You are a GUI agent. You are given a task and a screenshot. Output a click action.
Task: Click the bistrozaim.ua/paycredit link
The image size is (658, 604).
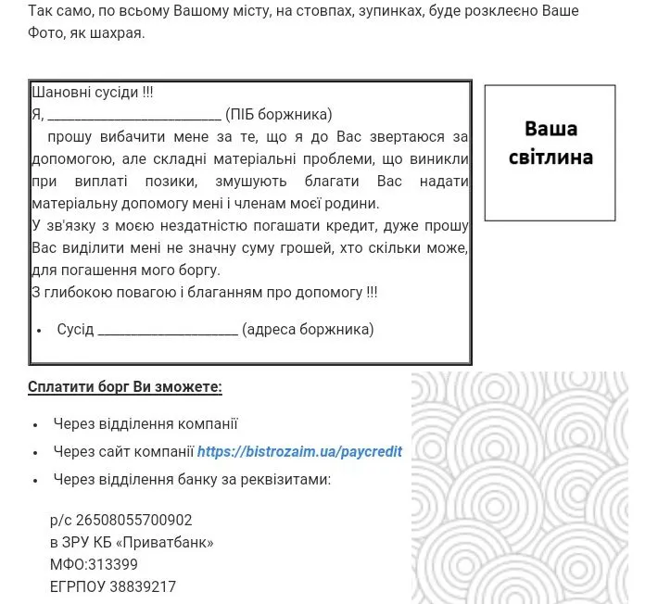pyautogui.click(x=299, y=452)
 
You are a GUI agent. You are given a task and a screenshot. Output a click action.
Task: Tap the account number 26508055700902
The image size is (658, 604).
pyautogui.click(x=134, y=521)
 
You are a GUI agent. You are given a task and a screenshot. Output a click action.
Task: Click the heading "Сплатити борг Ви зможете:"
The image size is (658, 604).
pyautogui.click(x=125, y=386)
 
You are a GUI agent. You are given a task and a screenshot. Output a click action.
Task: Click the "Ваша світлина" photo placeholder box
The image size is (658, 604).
pyautogui.click(x=550, y=153)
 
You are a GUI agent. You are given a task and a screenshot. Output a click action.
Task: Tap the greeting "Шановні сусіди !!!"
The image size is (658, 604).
pyautogui.click(x=93, y=93)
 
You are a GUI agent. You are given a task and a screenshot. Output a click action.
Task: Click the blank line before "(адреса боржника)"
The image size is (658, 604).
pyautogui.click(x=168, y=331)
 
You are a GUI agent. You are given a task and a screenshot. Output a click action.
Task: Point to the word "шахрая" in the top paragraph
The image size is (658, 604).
pyautogui.click(x=120, y=34)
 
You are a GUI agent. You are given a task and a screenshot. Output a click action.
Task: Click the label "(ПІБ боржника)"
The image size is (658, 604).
pyautogui.click(x=278, y=115)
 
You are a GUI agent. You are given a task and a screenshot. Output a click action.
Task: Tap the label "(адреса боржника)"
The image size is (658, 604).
pyautogui.click(x=308, y=329)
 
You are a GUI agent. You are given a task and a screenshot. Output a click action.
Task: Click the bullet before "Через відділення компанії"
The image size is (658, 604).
pyautogui.click(x=34, y=425)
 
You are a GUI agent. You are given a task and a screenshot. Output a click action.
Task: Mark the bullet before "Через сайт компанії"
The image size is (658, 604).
pyautogui.click(x=34, y=453)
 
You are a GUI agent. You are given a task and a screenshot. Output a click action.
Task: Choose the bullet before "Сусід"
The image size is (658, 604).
pyautogui.click(x=40, y=331)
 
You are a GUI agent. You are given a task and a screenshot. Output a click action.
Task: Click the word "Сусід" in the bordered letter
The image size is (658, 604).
pyautogui.click(x=75, y=330)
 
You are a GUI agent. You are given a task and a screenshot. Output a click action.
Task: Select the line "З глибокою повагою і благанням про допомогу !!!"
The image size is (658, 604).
pyautogui.click(x=205, y=292)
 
